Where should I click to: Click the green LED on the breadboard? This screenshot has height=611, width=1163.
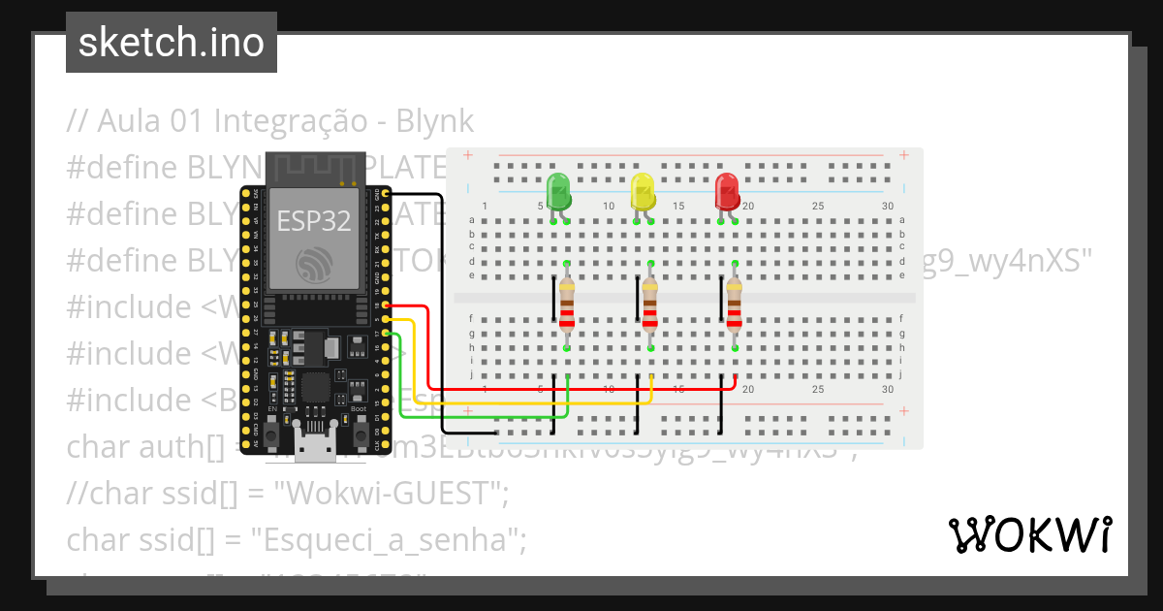point(558,191)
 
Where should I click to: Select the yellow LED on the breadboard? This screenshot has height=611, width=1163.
point(643,191)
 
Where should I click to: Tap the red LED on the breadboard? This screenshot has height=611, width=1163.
point(727,191)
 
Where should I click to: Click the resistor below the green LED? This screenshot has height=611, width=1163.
point(567,305)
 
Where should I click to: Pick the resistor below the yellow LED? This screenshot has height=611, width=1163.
point(650,305)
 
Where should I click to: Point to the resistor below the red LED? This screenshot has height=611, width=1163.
point(735,305)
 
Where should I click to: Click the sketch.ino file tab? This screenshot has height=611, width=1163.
point(172,43)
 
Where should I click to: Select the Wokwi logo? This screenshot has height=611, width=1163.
point(1029,534)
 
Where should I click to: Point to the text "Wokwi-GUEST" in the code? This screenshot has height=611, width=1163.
point(388,494)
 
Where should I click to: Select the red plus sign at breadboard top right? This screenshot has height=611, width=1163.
point(904,155)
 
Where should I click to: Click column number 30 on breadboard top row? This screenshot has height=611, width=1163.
point(888,206)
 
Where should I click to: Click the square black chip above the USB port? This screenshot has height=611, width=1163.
point(314,389)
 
